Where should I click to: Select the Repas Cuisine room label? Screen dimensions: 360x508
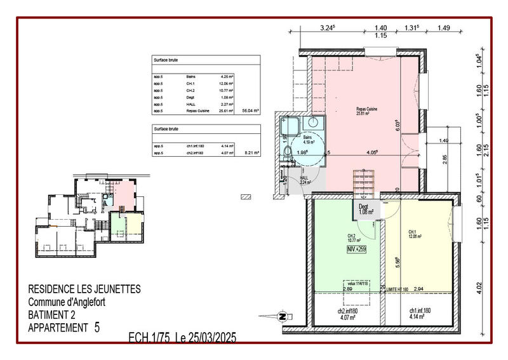tap(367, 112)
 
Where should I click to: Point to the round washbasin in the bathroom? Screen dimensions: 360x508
tap(312, 123)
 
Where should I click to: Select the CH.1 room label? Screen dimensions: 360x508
tap(413, 234)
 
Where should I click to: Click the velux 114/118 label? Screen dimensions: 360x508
tap(358, 284)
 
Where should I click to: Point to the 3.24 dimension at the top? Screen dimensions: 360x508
tap(327, 27)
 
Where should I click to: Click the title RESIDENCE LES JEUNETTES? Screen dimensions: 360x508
tap(84, 290)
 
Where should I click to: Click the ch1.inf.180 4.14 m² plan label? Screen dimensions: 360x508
tap(417, 313)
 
